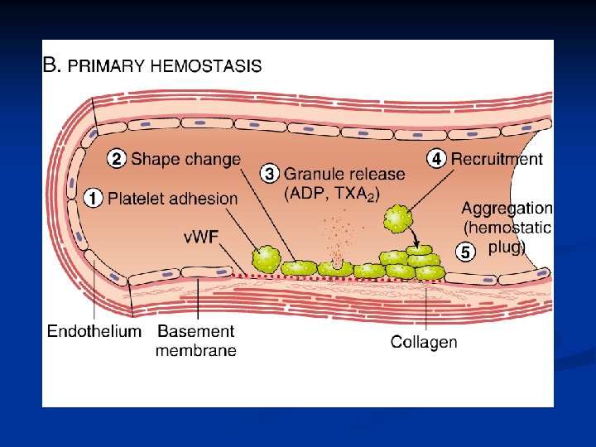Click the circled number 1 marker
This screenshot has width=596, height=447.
tap(94, 198)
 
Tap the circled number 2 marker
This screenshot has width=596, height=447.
tap(118, 158)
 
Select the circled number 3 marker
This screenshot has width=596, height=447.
tap(270, 174)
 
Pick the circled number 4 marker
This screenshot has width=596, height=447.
tap(436, 158)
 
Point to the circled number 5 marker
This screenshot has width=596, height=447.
tap(465, 252)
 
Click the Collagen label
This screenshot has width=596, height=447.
tap(423, 341)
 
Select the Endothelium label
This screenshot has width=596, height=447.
tap(94, 332)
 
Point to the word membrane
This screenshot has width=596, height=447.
tap(196, 350)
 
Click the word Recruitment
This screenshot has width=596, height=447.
tap(497, 159)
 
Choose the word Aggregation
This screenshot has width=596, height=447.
tap(507, 209)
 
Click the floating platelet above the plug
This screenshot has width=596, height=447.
tap(397, 219)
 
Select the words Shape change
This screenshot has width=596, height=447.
tap(186, 158)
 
